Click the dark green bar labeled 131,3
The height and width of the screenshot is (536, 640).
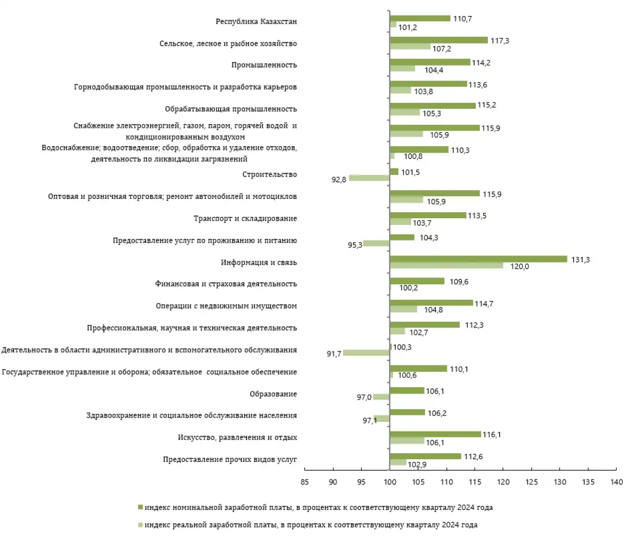coord(478,259)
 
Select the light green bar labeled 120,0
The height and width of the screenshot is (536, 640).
coord(446,266)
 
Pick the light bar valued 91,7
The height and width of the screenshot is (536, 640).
coord(366,353)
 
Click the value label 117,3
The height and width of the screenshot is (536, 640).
coord(500,41)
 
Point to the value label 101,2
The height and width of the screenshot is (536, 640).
coord(407,27)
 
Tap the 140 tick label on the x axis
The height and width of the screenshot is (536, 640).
coord(617,482)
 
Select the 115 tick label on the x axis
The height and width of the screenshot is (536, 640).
coord(475,482)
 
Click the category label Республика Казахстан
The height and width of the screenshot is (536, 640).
coord(256,21)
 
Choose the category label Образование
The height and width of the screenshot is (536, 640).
coord(273,394)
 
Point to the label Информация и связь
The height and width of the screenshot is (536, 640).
coord(259,262)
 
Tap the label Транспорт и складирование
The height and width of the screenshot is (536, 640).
coord(245,219)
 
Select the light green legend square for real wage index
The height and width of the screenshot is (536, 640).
coord(140,525)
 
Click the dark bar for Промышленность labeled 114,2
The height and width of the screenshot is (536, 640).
coord(430,62)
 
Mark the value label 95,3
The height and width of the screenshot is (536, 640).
coord(355,245)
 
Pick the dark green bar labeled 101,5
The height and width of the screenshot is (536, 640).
coord(394,172)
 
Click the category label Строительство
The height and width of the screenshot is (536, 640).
coord(269,174)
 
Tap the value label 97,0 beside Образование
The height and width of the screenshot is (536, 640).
coord(364,397)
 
